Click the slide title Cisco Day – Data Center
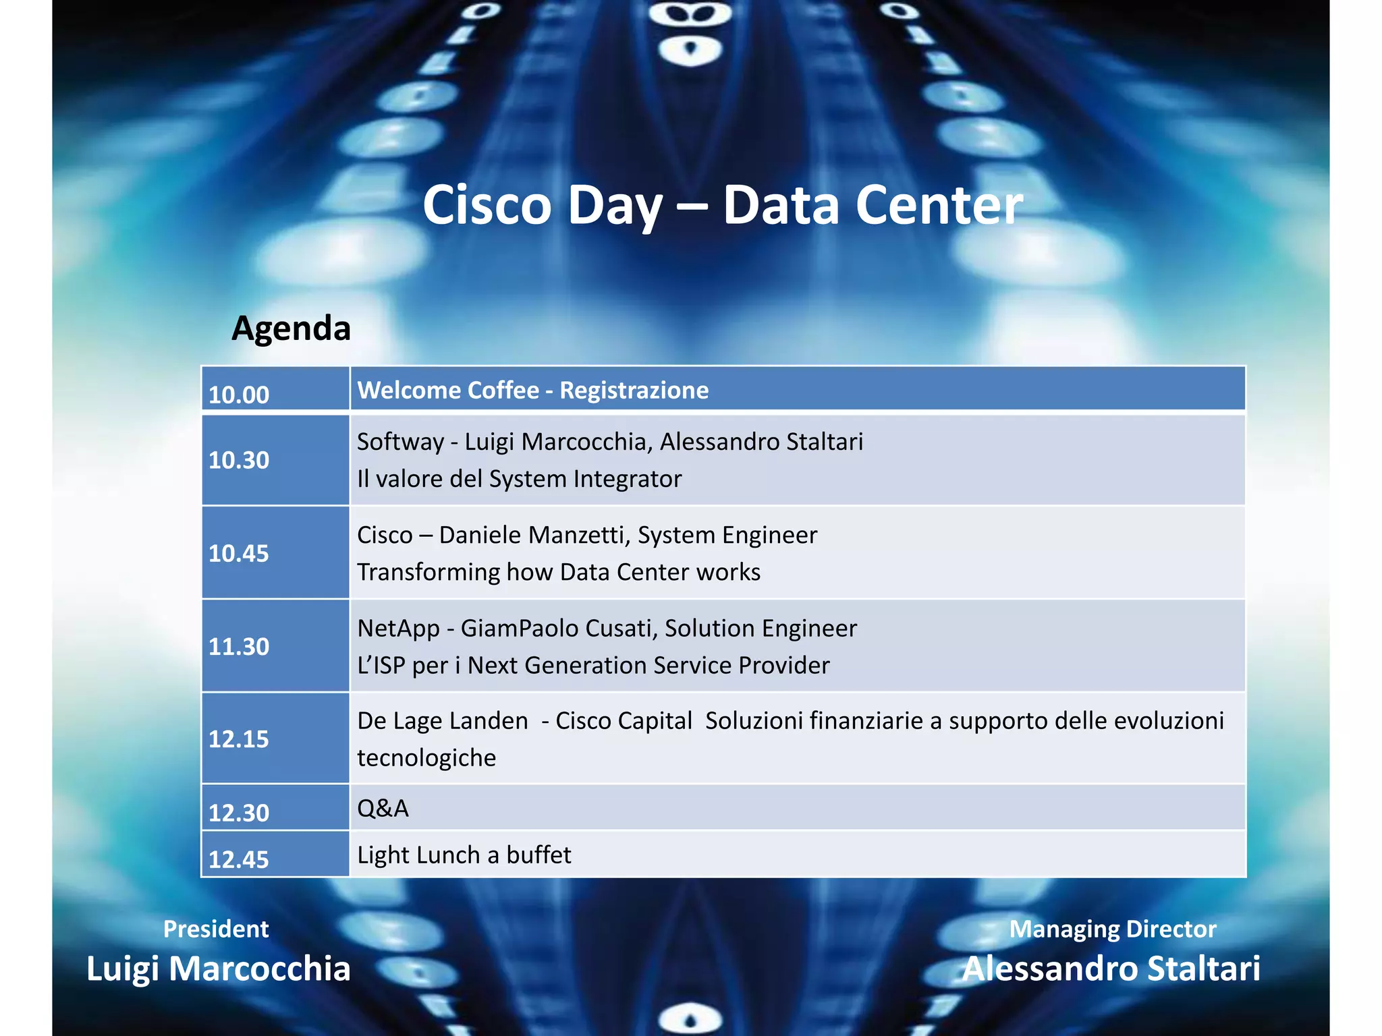(722, 205)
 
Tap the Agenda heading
(291, 328)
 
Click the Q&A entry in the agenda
(383, 808)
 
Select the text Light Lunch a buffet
(464, 855)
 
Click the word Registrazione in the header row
(634, 391)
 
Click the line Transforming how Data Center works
(558, 572)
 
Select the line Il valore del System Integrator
(519, 479)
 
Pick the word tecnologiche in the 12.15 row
(426, 758)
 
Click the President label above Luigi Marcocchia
(216, 929)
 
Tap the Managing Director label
(1112, 929)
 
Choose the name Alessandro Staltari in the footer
(1111, 969)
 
